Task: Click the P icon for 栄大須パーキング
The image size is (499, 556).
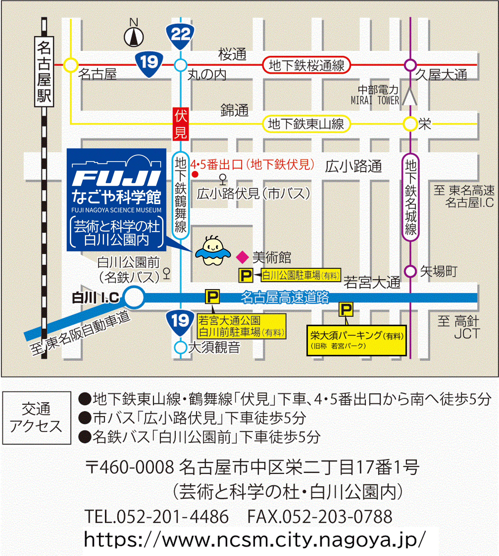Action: click(x=346, y=310)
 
